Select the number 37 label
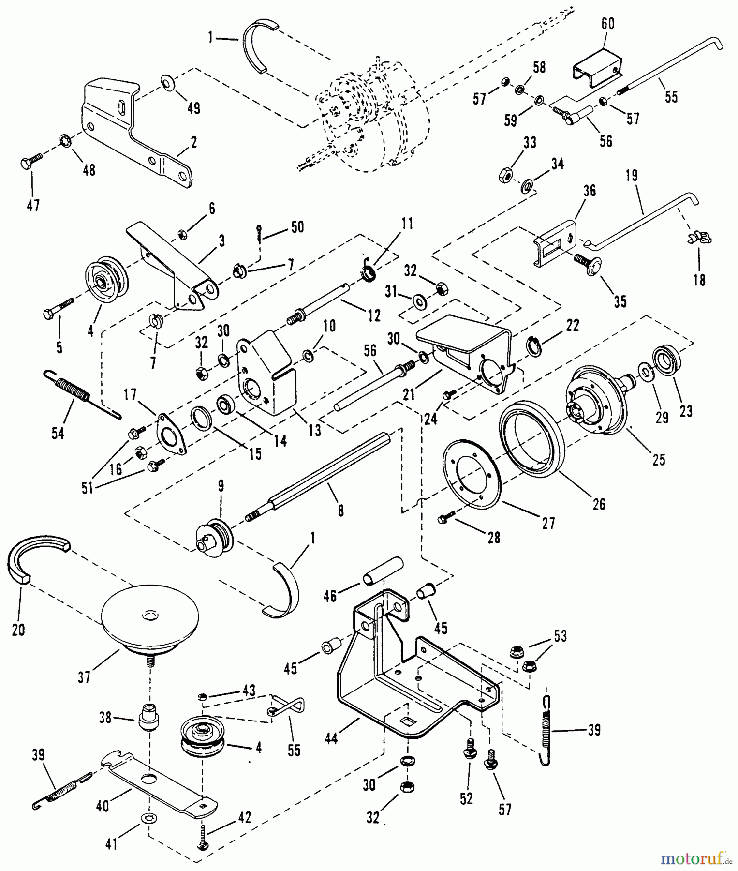(84, 677)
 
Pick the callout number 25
(659, 459)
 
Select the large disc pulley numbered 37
(150, 619)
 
